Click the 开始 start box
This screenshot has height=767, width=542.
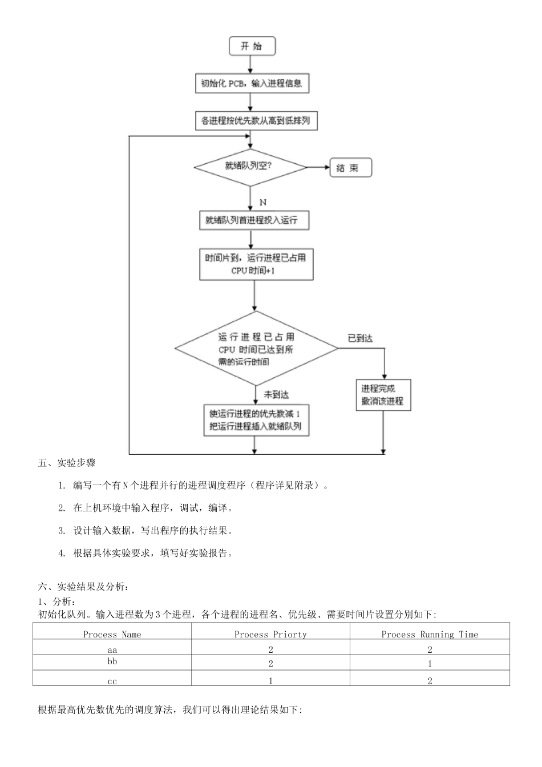point(252,46)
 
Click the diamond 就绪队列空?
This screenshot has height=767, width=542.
point(250,167)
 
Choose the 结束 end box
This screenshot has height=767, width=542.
point(350,168)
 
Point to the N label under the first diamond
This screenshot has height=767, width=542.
point(263,203)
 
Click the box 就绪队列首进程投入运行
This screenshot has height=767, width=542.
point(254,220)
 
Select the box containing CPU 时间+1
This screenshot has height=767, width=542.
point(256,264)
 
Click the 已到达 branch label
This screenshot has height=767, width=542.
point(361,338)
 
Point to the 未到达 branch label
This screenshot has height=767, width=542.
point(276,394)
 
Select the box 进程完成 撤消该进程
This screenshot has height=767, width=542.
point(383,395)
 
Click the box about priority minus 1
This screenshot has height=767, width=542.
point(256,420)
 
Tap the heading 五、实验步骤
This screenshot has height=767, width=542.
point(67,463)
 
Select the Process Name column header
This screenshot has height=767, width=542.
point(112,634)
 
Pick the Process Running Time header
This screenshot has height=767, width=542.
point(430,634)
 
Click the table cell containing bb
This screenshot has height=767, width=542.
point(112,662)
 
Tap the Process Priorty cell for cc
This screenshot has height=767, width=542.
point(270,680)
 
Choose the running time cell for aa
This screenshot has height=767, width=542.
point(430,649)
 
